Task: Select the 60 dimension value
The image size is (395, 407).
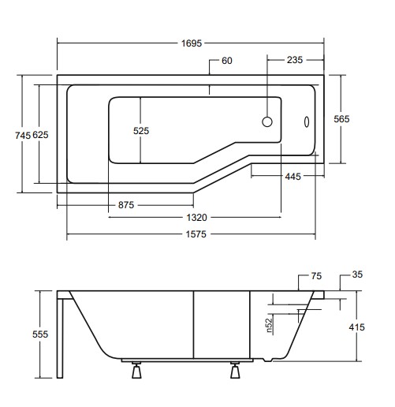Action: (226, 61)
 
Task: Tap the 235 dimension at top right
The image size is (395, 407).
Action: (295, 61)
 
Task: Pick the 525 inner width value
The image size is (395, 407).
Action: (141, 131)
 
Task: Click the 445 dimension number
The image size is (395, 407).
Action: (293, 177)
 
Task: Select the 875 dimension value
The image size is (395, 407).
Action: (126, 204)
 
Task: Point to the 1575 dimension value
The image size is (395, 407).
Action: (190, 235)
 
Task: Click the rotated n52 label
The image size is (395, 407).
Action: (269, 323)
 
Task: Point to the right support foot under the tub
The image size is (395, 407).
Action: (236, 368)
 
